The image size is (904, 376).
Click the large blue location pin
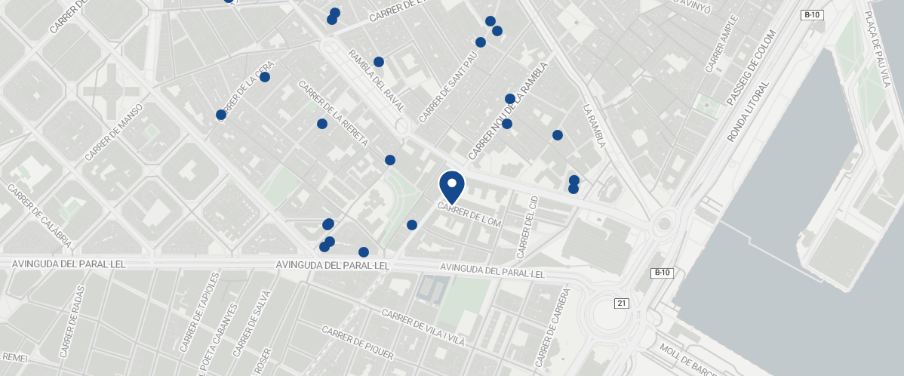tap(451, 185)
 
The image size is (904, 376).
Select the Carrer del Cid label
tap(527, 226)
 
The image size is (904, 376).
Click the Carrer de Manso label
tap(114, 133)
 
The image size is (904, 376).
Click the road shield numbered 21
tap(622, 304)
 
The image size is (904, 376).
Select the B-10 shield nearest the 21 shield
tap(662, 273)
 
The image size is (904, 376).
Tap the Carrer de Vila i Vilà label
tap(423, 328)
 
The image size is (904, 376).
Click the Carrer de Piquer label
tap(357, 343)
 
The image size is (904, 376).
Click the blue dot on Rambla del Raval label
tap(379, 62)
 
